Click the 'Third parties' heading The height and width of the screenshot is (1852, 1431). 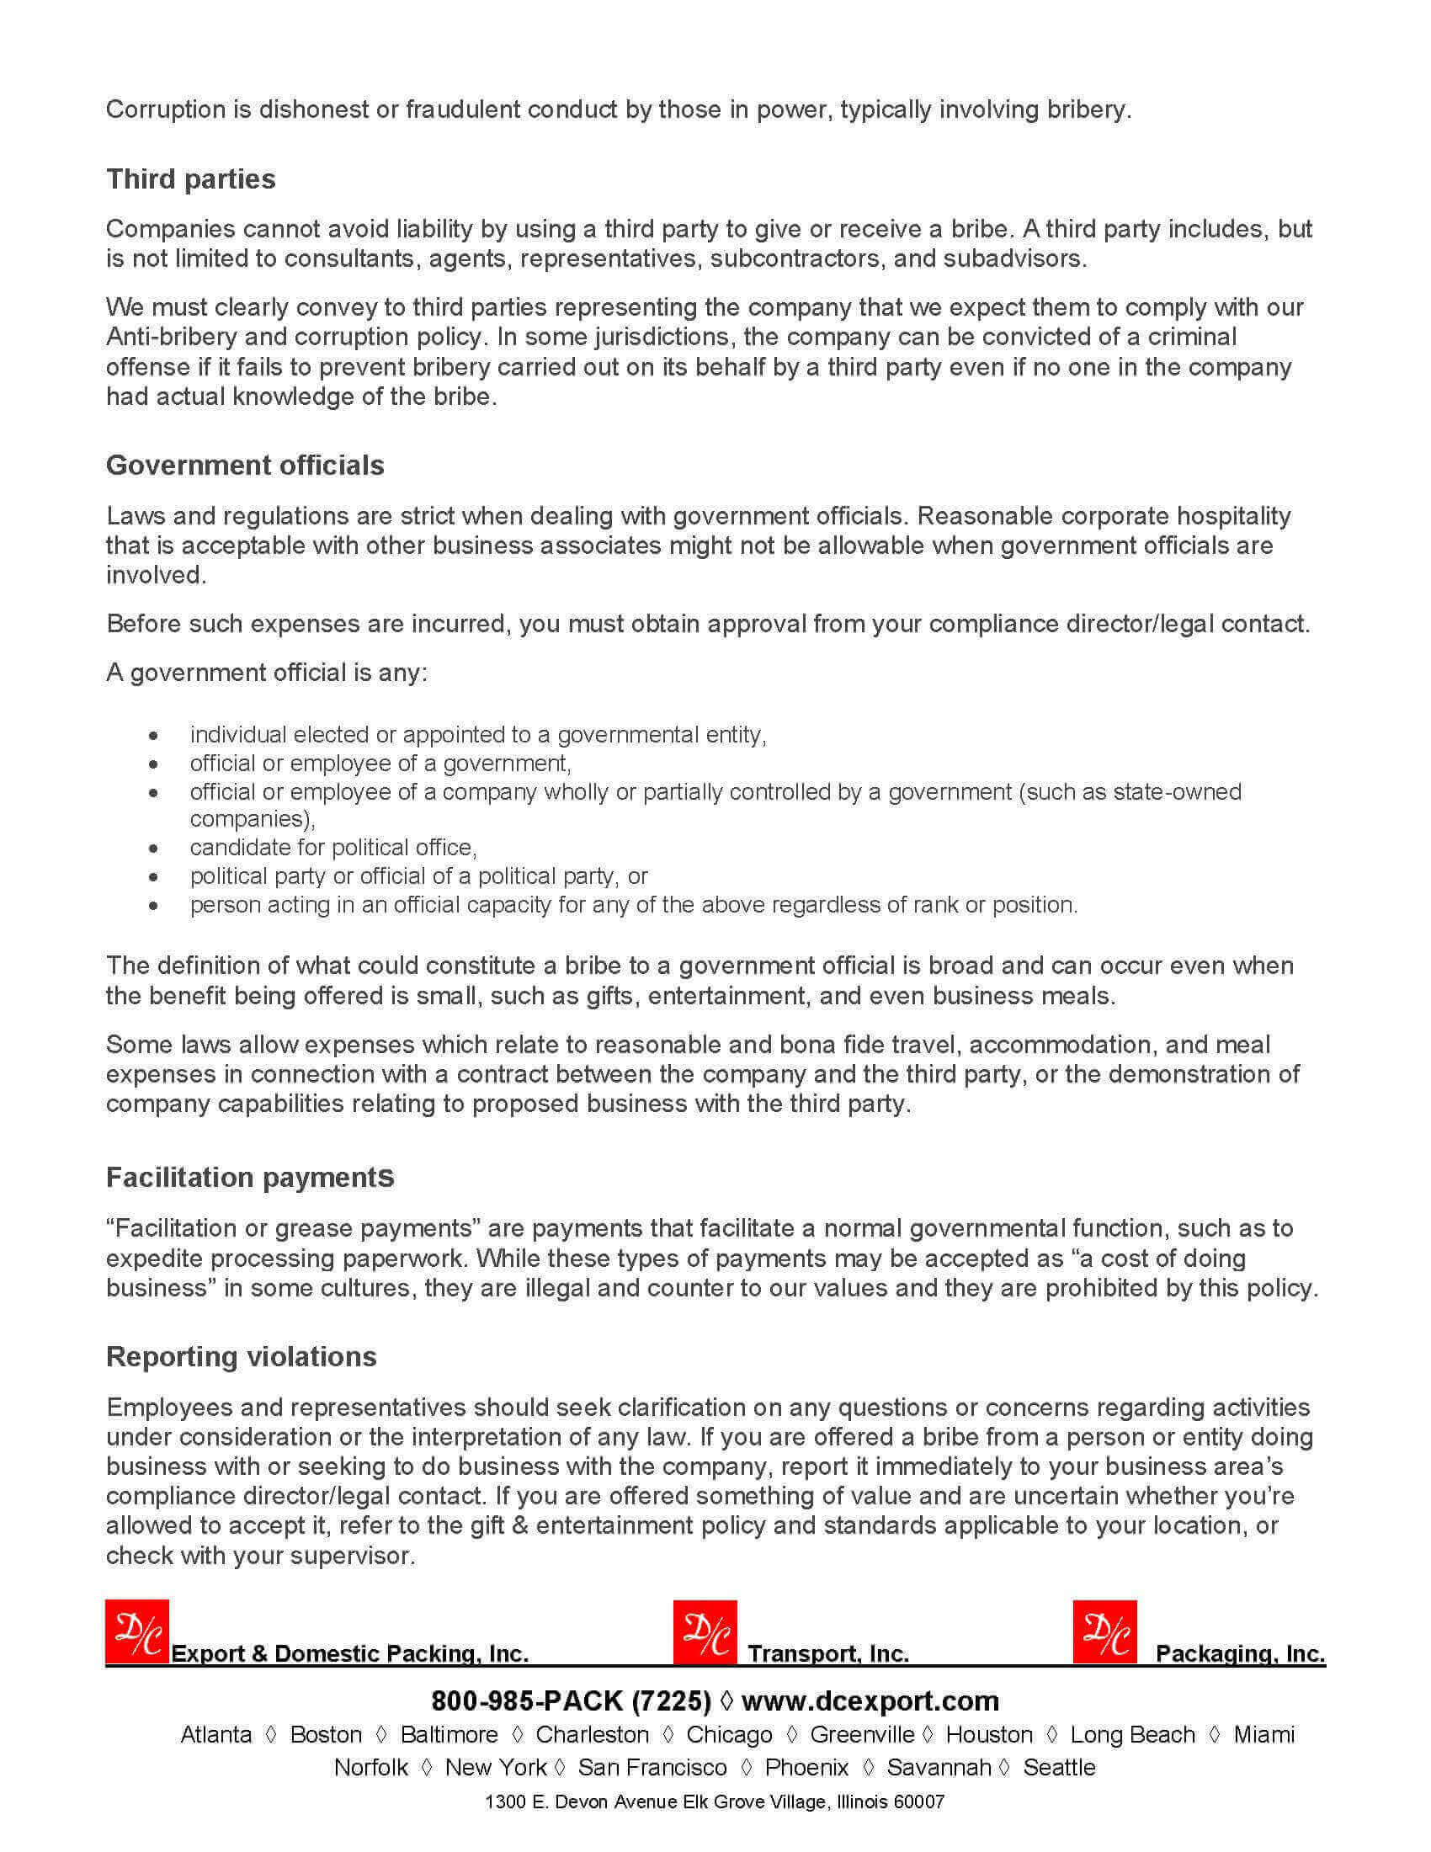click(191, 179)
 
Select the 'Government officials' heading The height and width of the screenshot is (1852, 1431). click(245, 465)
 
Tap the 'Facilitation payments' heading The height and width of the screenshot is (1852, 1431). click(250, 1177)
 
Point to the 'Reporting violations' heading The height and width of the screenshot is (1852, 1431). click(242, 1356)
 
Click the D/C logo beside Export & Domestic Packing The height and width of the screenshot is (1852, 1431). click(137, 1631)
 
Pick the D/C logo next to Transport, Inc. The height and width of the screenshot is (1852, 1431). click(705, 1631)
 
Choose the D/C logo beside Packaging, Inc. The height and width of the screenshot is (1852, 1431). click(1104, 1631)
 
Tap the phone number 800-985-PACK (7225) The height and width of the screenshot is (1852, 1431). click(571, 1700)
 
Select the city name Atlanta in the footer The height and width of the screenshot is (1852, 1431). click(216, 1734)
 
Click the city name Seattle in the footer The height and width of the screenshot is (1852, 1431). click(1059, 1767)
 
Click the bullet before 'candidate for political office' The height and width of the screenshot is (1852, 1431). click(152, 848)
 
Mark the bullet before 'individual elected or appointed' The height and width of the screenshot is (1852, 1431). click(152, 735)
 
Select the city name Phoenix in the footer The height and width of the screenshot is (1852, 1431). click(806, 1767)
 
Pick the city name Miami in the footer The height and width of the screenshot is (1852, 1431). click(1263, 1734)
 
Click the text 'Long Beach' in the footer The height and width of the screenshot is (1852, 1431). click(1132, 1734)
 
